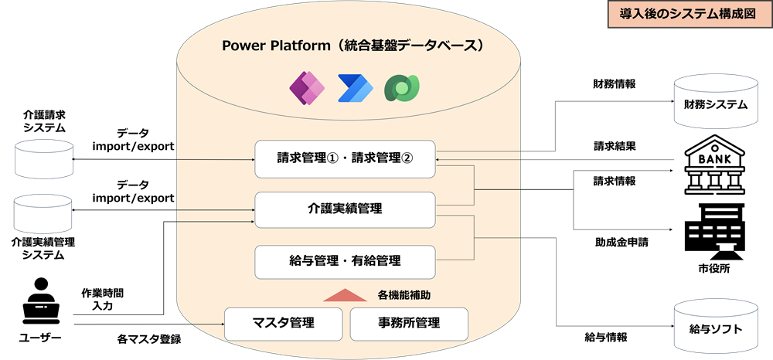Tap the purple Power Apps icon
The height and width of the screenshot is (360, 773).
[x=306, y=89]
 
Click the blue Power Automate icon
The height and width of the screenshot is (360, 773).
[x=355, y=89]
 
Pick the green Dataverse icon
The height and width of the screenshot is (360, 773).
[x=403, y=89]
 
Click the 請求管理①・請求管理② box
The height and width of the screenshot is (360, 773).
[x=345, y=159]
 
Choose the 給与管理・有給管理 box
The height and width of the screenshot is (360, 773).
[x=345, y=262]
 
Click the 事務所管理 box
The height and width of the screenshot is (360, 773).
[x=409, y=324]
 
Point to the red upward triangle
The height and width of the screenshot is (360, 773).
[x=339, y=295]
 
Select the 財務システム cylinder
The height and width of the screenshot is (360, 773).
[x=716, y=103]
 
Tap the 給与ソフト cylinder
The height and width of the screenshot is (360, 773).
[x=716, y=328]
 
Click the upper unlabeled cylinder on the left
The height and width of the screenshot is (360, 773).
[x=44, y=158]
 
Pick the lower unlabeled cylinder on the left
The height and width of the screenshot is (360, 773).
[x=44, y=212]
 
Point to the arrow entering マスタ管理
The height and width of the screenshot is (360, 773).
[x=209, y=324]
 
